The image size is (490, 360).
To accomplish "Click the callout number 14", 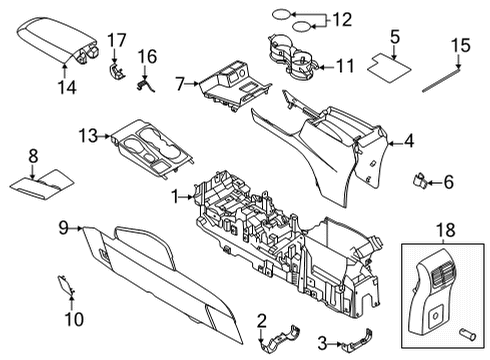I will (66, 87).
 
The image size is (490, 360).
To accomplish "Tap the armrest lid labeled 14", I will (50, 40).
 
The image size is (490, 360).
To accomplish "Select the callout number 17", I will (116, 40).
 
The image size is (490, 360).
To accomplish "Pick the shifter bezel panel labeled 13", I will (150, 150).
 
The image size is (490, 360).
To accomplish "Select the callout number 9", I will (64, 228).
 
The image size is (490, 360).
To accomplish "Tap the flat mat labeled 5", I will (392, 69).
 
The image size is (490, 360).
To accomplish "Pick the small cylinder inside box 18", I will (466, 329).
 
